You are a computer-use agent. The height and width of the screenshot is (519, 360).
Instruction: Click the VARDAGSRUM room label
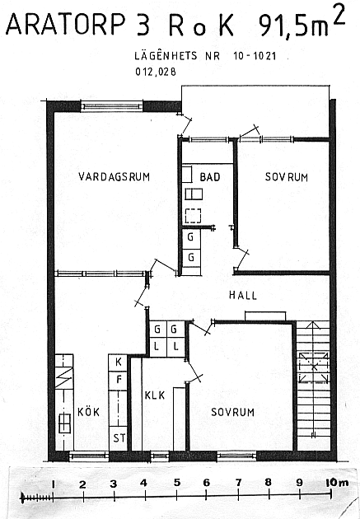tap(115, 176)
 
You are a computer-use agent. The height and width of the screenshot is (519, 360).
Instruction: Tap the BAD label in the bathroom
tap(210, 177)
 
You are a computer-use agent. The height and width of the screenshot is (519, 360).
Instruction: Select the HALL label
tap(243, 295)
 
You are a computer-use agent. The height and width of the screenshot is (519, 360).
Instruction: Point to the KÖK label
tap(88, 411)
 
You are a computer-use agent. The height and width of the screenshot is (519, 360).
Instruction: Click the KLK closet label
tap(155, 395)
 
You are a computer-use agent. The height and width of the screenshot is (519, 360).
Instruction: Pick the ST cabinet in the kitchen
tap(118, 438)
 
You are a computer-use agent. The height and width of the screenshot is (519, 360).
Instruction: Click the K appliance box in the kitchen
tap(118, 362)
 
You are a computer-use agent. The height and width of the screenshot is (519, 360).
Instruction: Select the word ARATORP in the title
tap(66, 24)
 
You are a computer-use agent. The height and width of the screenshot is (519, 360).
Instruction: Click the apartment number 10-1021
tap(255, 56)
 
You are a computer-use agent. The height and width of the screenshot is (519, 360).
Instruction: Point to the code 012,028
tap(156, 72)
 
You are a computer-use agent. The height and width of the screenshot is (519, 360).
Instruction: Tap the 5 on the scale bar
tap(177, 483)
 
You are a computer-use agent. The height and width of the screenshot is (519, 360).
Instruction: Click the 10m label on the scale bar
tap(337, 483)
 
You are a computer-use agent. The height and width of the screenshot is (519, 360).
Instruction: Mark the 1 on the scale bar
tap(53, 484)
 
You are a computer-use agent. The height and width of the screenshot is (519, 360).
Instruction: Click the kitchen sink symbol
tap(64, 423)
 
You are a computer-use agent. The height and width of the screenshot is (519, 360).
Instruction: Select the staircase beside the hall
tap(313, 386)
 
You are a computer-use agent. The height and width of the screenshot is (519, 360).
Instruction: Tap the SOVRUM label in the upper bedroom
tap(286, 177)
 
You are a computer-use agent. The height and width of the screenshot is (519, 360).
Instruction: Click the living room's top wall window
tap(111, 106)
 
